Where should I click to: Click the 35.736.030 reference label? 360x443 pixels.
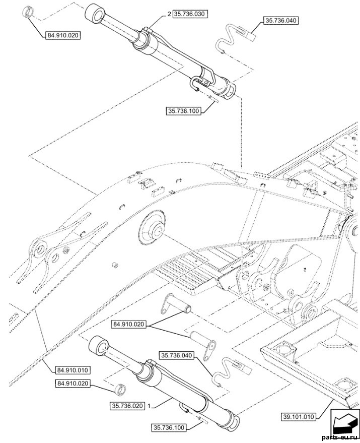(190, 14)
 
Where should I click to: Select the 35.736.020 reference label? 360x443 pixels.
(127, 406)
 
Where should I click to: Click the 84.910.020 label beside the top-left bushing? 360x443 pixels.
(62, 36)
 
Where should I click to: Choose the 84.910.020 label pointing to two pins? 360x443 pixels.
(129, 325)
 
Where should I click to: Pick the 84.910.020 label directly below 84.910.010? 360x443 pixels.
(73, 384)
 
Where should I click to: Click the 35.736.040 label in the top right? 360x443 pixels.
(281, 21)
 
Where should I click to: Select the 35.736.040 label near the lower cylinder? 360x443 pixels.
(178, 355)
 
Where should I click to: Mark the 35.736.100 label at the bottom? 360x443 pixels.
(169, 428)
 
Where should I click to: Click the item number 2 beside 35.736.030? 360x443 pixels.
(169, 14)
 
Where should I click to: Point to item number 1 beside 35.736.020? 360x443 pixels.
(149, 406)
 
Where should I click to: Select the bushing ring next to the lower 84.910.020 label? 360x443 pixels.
(120, 389)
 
